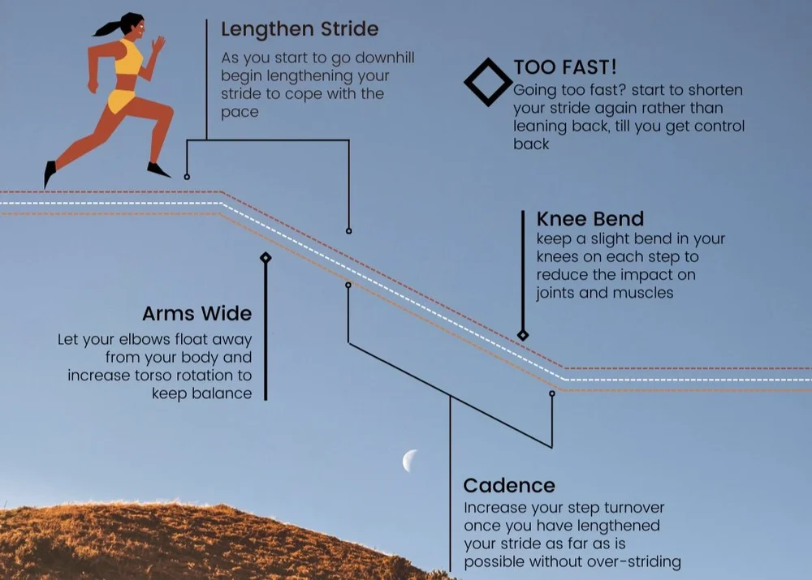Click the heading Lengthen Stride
pos(300,30)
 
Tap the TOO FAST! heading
pos(565,67)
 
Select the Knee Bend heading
pos(590,219)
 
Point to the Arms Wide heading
pos(197,314)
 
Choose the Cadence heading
pos(509,486)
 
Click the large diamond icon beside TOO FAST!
pos(488,82)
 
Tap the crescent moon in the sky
pos(410,461)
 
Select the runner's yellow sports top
pos(129,59)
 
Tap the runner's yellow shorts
pos(122,101)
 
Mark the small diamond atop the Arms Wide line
pos(266,258)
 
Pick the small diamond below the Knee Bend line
pos(523,335)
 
